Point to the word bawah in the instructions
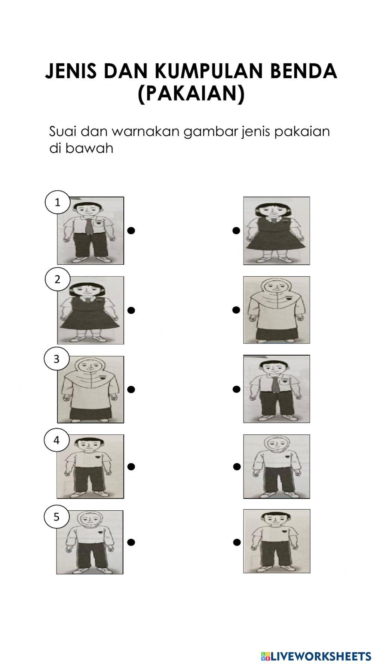89,148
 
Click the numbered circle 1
57,202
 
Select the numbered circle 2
57,279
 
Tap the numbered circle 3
56,359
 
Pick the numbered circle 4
56,440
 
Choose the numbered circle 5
56,517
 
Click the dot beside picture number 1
131,230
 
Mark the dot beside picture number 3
131,389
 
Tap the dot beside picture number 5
131,542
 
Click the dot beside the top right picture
236,230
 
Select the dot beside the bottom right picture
236,542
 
